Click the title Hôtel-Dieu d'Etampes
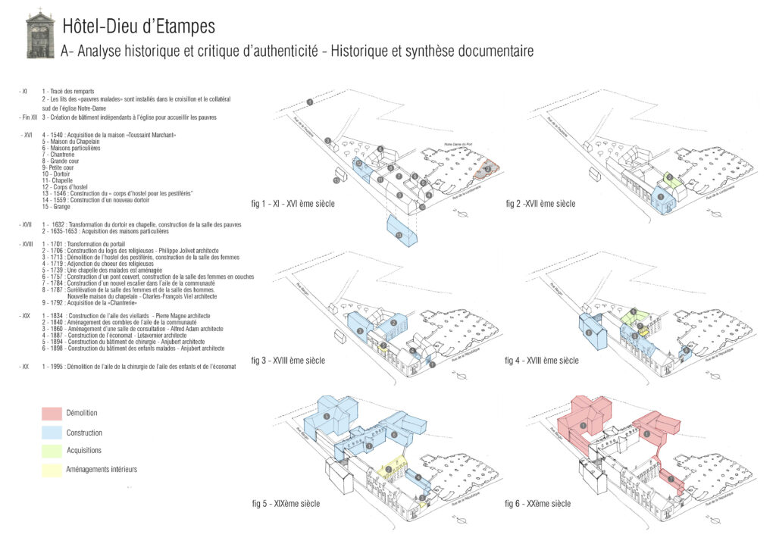pos(139,27)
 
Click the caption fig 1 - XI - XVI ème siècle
pos(293,204)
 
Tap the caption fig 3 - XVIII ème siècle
pos(288,360)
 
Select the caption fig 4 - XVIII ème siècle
pos(541,360)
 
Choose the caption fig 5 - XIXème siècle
pos(286,504)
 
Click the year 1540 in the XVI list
pos(60,134)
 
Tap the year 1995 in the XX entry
pos(60,366)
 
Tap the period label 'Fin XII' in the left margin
pos(28,117)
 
